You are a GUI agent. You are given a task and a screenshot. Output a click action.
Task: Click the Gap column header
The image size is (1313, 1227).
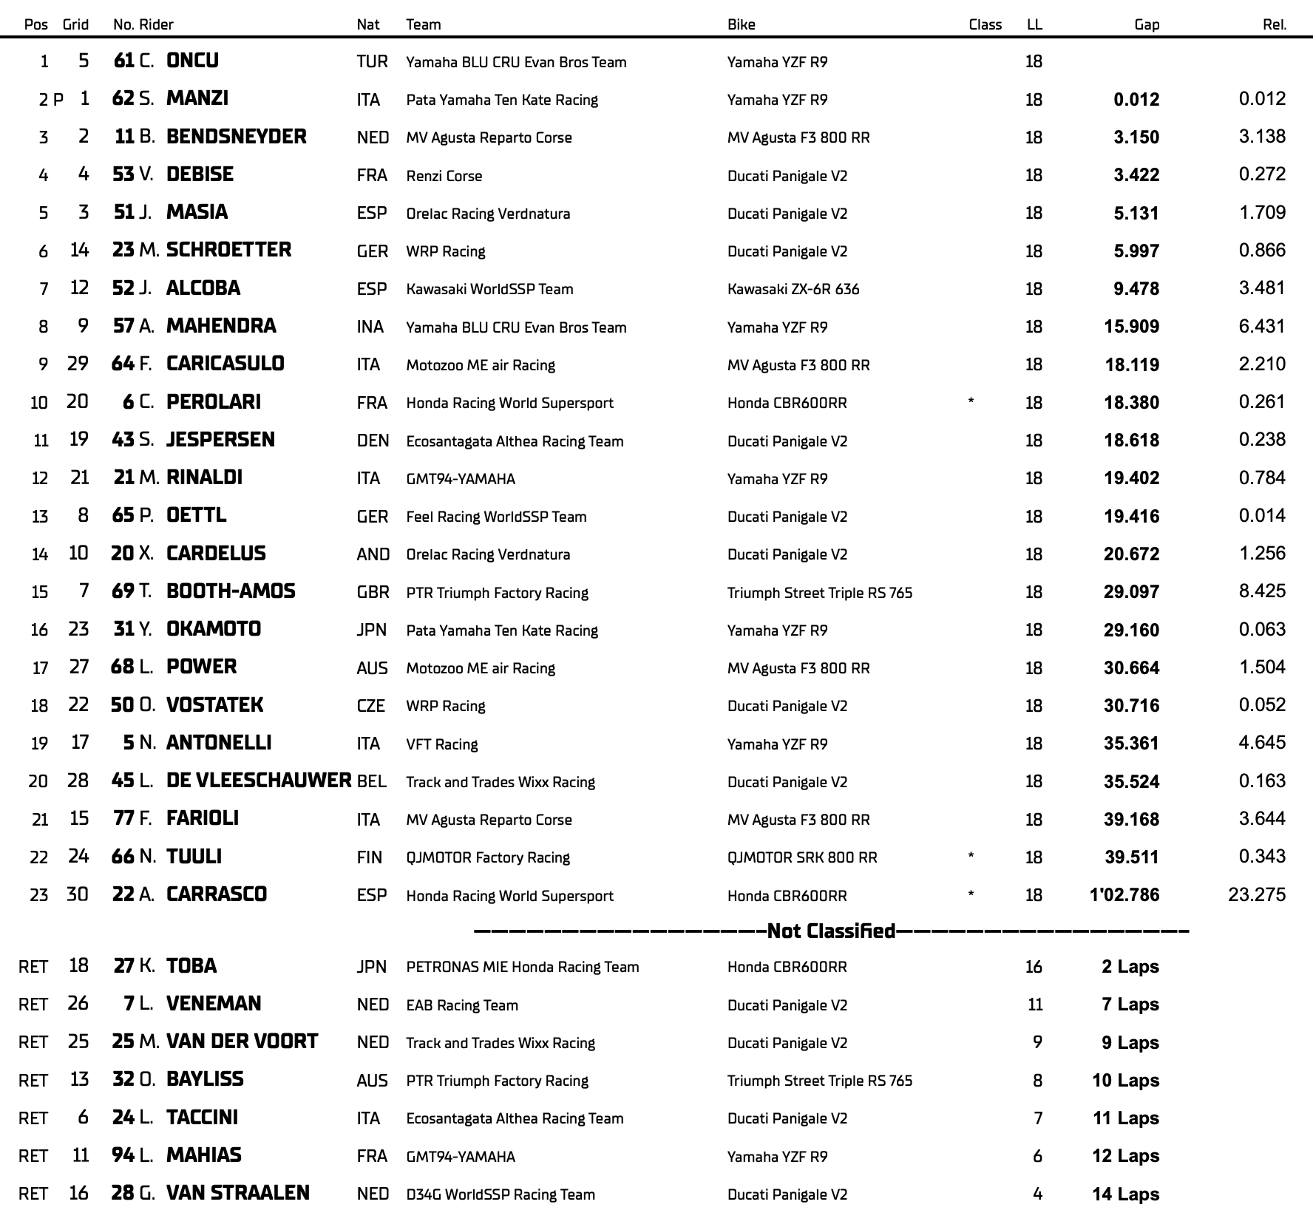pyautogui.click(x=1146, y=24)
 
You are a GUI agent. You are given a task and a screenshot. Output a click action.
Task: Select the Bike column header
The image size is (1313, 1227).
pyautogui.click(x=741, y=24)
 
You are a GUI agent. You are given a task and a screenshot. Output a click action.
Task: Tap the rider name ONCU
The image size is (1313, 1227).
pyautogui.click(x=192, y=61)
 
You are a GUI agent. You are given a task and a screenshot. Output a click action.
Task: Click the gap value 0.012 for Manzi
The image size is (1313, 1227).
pyautogui.click(x=1136, y=100)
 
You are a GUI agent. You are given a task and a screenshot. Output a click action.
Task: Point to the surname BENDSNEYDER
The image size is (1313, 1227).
pyautogui.click(x=236, y=137)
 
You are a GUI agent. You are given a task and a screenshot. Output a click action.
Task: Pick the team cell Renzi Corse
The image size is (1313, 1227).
pyautogui.click(x=444, y=176)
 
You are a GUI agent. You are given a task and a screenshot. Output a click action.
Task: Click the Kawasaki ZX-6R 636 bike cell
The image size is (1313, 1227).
pyautogui.click(x=793, y=289)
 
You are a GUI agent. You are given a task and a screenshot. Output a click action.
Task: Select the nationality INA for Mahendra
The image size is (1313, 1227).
pyautogui.click(x=370, y=327)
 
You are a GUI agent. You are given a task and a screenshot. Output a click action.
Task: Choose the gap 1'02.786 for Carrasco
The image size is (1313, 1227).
pyautogui.click(x=1124, y=895)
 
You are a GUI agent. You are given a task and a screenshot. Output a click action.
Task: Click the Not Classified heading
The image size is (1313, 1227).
pyautogui.click(x=831, y=931)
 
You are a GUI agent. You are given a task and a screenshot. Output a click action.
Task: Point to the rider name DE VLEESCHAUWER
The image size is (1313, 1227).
pyautogui.click(x=258, y=781)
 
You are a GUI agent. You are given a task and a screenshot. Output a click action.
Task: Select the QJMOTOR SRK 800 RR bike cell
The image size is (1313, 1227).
pyautogui.click(x=801, y=857)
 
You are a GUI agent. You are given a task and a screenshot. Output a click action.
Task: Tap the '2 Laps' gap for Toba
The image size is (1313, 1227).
pyautogui.click(x=1130, y=967)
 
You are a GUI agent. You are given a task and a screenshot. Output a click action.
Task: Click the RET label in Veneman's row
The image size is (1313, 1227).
pyautogui.click(x=33, y=1005)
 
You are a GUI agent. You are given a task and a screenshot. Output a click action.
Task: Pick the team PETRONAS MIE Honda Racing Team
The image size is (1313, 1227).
pyautogui.click(x=522, y=967)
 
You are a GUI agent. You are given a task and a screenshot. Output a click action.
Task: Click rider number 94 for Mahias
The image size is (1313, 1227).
pyautogui.click(x=123, y=1155)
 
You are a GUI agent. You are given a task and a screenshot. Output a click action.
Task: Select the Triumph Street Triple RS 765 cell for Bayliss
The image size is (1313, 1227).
pyautogui.click(x=819, y=1081)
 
